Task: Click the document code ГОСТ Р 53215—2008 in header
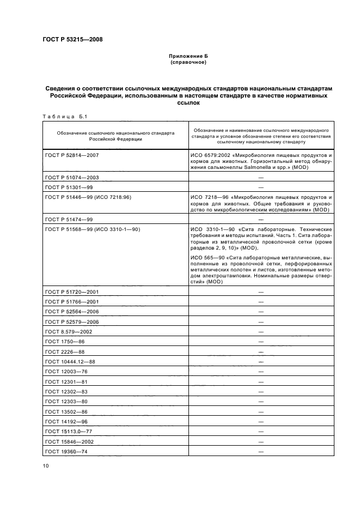(x=72, y=39)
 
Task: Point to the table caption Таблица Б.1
(x=60, y=116)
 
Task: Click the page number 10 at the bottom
(x=46, y=465)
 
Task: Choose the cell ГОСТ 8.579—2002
(x=69, y=331)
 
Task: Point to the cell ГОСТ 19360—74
(x=67, y=451)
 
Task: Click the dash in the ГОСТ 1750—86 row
(x=261, y=342)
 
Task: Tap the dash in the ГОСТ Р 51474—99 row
(x=261, y=219)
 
